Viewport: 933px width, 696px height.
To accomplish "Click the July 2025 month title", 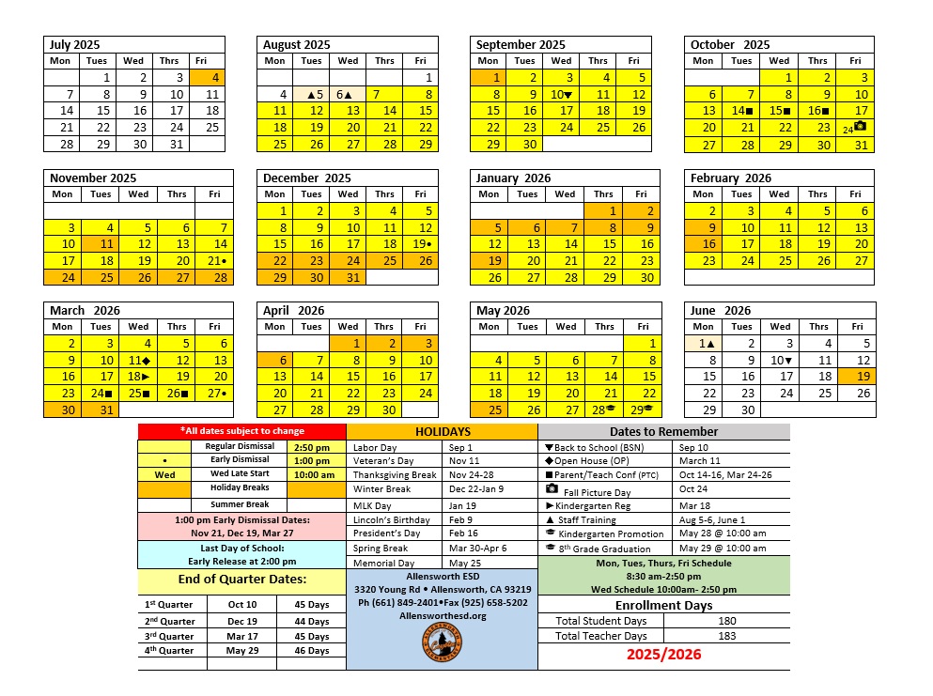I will pos(75,44).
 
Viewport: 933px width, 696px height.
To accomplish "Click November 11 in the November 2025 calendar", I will pos(101,243).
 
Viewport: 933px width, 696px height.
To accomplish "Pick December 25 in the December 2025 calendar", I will pos(384,260).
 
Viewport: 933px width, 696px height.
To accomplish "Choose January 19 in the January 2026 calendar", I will pos(489,260).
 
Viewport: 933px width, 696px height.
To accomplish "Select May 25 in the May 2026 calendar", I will pos(489,410).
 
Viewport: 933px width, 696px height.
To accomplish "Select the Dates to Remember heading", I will pos(663,432).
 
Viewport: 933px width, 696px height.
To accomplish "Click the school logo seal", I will pos(441,644).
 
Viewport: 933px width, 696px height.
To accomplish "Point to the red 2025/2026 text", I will pos(663,655).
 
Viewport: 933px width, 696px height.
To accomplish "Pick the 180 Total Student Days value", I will pos(727,621).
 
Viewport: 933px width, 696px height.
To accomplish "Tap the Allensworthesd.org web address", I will pos(442,615).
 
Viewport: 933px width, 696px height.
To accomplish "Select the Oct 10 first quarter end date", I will pos(241,604).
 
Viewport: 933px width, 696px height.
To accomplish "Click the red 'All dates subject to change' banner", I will pos(241,431).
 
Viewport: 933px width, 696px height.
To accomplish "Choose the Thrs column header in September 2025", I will pos(598,61).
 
